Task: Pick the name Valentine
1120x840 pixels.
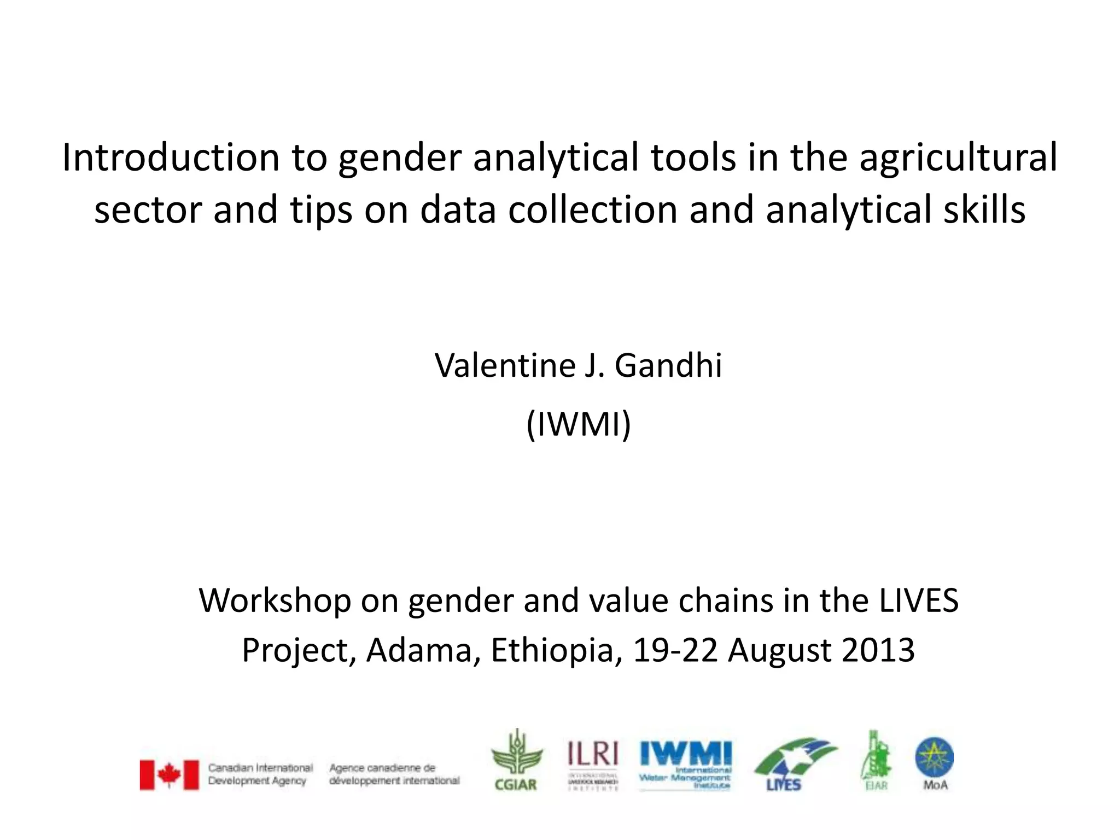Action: click(x=503, y=365)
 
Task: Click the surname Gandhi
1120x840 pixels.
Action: click(x=668, y=365)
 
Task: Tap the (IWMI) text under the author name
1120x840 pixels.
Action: click(x=579, y=424)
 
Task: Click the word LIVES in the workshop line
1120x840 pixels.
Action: click(x=919, y=600)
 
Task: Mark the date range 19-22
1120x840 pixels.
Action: click(x=675, y=651)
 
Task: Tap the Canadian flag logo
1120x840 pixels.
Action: click(x=170, y=774)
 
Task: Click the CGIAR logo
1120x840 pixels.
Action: click(x=515, y=761)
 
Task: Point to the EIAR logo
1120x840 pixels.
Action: click(x=876, y=761)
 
